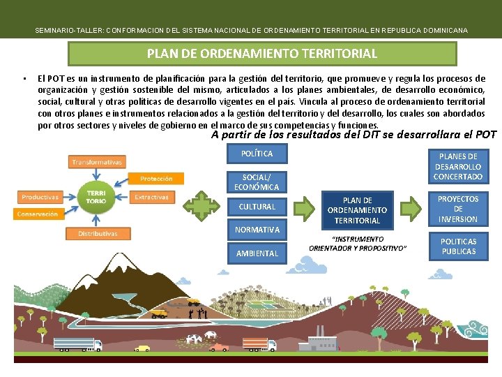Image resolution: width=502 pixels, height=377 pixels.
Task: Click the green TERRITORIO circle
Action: click(96, 196)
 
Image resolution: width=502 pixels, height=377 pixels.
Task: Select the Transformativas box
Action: click(96, 162)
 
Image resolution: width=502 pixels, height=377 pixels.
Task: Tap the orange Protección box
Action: click(156, 179)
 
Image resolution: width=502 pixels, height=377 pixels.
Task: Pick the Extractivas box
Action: click(151, 197)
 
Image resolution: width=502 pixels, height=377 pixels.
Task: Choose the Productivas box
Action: click(40, 198)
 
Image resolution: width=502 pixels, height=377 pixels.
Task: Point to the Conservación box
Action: click(38, 214)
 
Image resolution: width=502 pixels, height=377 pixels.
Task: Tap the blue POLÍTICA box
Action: click(257, 154)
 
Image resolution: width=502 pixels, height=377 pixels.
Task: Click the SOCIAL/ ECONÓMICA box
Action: click(257, 182)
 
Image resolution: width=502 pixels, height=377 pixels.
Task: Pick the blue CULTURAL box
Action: click(257, 207)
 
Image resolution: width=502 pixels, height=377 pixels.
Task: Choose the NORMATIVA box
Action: click(257, 230)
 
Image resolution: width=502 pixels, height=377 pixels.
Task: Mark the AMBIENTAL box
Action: click(257, 253)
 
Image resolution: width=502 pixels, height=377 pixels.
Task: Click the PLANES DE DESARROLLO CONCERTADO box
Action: click(458, 166)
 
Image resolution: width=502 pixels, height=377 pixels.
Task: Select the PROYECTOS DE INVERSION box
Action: click(458, 209)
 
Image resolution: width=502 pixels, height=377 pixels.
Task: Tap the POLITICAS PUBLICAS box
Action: click(458, 246)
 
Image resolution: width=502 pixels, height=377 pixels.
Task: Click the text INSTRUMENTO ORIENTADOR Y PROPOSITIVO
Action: click(358, 244)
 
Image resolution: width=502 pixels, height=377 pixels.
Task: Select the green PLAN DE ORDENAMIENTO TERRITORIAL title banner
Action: click(262, 54)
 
